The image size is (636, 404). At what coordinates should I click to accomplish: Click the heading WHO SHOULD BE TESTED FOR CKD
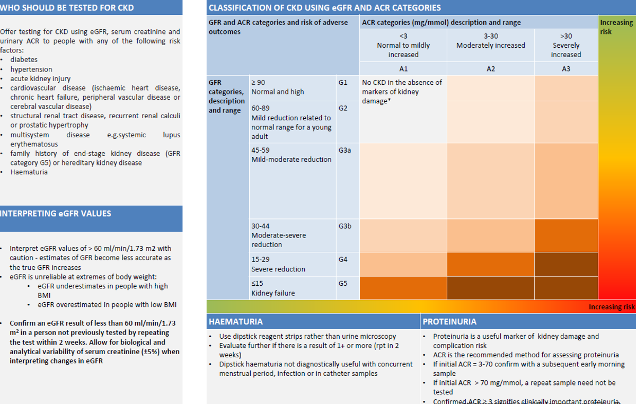[67, 8]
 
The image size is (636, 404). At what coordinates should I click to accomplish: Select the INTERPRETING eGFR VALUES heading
[56, 214]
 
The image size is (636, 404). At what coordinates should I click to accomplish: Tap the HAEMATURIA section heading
[236, 321]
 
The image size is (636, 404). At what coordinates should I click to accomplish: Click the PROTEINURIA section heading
[449, 321]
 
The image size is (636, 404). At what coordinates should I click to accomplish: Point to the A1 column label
[403, 69]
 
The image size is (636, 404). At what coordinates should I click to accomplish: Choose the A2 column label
[490, 69]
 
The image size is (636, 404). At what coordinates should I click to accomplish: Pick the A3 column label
[566, 69]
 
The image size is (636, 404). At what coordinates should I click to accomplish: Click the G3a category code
[344, 150]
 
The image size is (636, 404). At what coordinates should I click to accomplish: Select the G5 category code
[343, 284]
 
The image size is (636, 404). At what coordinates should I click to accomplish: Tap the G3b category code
[344, 226]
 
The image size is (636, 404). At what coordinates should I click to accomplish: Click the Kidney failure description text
[273, 293]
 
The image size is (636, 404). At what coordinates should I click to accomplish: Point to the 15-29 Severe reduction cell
[278, 264]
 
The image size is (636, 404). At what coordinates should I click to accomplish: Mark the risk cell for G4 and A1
[403, 264]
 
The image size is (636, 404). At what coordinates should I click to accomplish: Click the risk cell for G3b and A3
[566, 235]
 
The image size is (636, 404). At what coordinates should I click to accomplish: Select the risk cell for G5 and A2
[490, 288]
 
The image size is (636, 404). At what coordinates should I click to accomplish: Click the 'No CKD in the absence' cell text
[402, 91]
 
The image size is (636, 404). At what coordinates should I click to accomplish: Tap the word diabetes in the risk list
[24, 59]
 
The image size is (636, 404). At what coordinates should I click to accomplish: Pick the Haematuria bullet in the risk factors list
[29, 172]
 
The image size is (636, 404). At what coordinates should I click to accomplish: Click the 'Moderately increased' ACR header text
[490, 46]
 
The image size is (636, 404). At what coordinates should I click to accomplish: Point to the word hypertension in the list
[31, 69]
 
